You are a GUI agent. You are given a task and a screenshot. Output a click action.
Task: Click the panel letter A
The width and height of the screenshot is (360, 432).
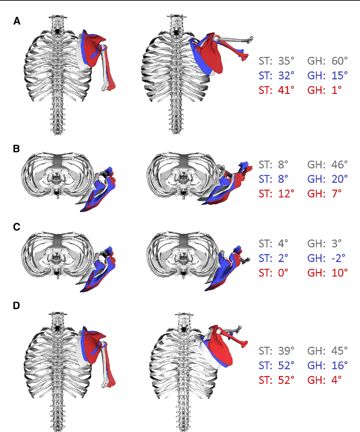coord(17,21)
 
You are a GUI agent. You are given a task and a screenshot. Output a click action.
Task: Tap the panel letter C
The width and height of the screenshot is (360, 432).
coord(17,227)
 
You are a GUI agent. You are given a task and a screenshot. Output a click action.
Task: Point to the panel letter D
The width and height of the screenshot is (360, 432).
coord(17,306)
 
